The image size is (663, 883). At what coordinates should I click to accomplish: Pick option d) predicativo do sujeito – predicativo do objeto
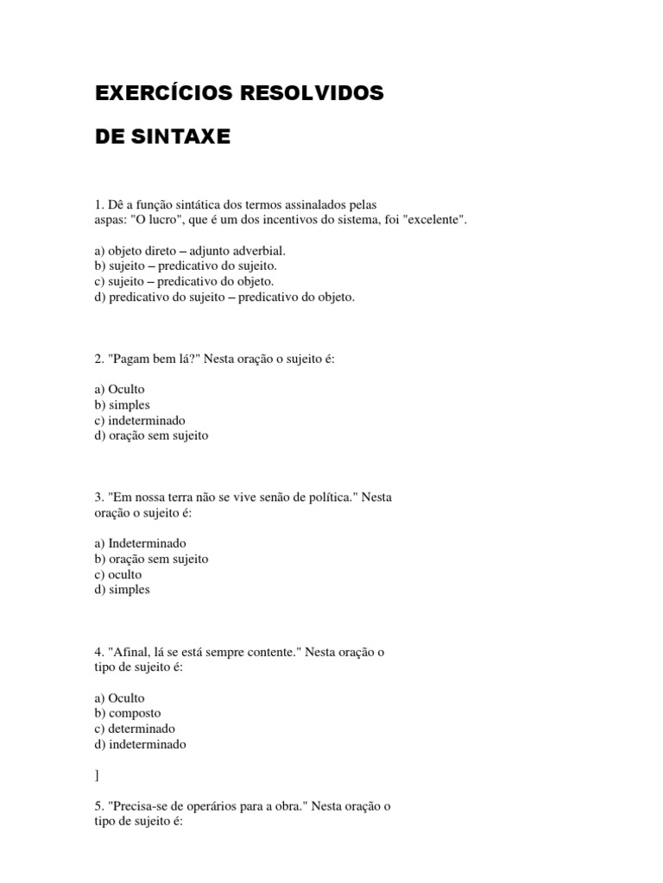(224, 297)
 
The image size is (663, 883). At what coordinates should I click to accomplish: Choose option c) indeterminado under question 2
(141, 420)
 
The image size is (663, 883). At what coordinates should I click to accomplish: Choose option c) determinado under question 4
(135, 729)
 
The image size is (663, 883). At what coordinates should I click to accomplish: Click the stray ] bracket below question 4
(98, 775)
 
